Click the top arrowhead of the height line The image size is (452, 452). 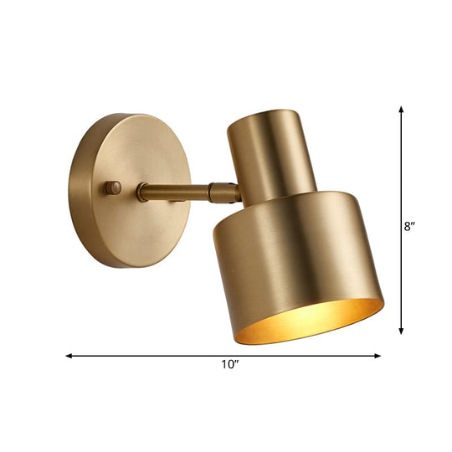point(403,110)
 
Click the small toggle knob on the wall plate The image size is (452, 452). point(112,187)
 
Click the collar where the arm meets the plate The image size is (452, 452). point(143,193)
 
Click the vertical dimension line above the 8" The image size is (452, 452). point(403,167)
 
